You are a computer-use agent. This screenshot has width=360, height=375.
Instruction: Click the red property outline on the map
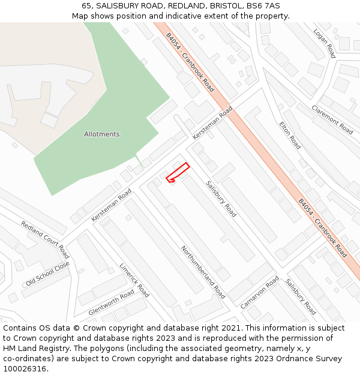click(x=178, y=172)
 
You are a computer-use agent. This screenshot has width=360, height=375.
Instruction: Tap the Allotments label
click(x=101, y=134)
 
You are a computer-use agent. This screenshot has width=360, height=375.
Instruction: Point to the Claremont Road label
click(x=332, y=119)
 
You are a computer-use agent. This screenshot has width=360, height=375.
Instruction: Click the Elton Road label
click(x=290, y=135)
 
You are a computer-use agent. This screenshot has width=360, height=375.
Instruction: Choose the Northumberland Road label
click(x=203, y=272)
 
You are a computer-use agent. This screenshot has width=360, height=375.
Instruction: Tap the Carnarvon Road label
click(x=260, y=292)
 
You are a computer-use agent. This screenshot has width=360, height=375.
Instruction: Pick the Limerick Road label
click(x=134, y=280)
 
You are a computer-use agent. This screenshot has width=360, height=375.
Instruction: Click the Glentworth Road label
click(x=112, y=302)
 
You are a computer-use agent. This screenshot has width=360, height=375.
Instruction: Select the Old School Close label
click(x=47, y=274)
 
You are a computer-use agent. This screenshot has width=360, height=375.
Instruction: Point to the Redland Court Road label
click(x=45, y=239)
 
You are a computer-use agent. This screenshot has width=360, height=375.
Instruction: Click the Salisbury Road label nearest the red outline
click(x=221, y=199)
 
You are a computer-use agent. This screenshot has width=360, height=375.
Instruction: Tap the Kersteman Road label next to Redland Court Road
click(x=112, y=205)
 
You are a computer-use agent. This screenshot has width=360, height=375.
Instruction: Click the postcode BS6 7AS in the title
click(x=264, y=5)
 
